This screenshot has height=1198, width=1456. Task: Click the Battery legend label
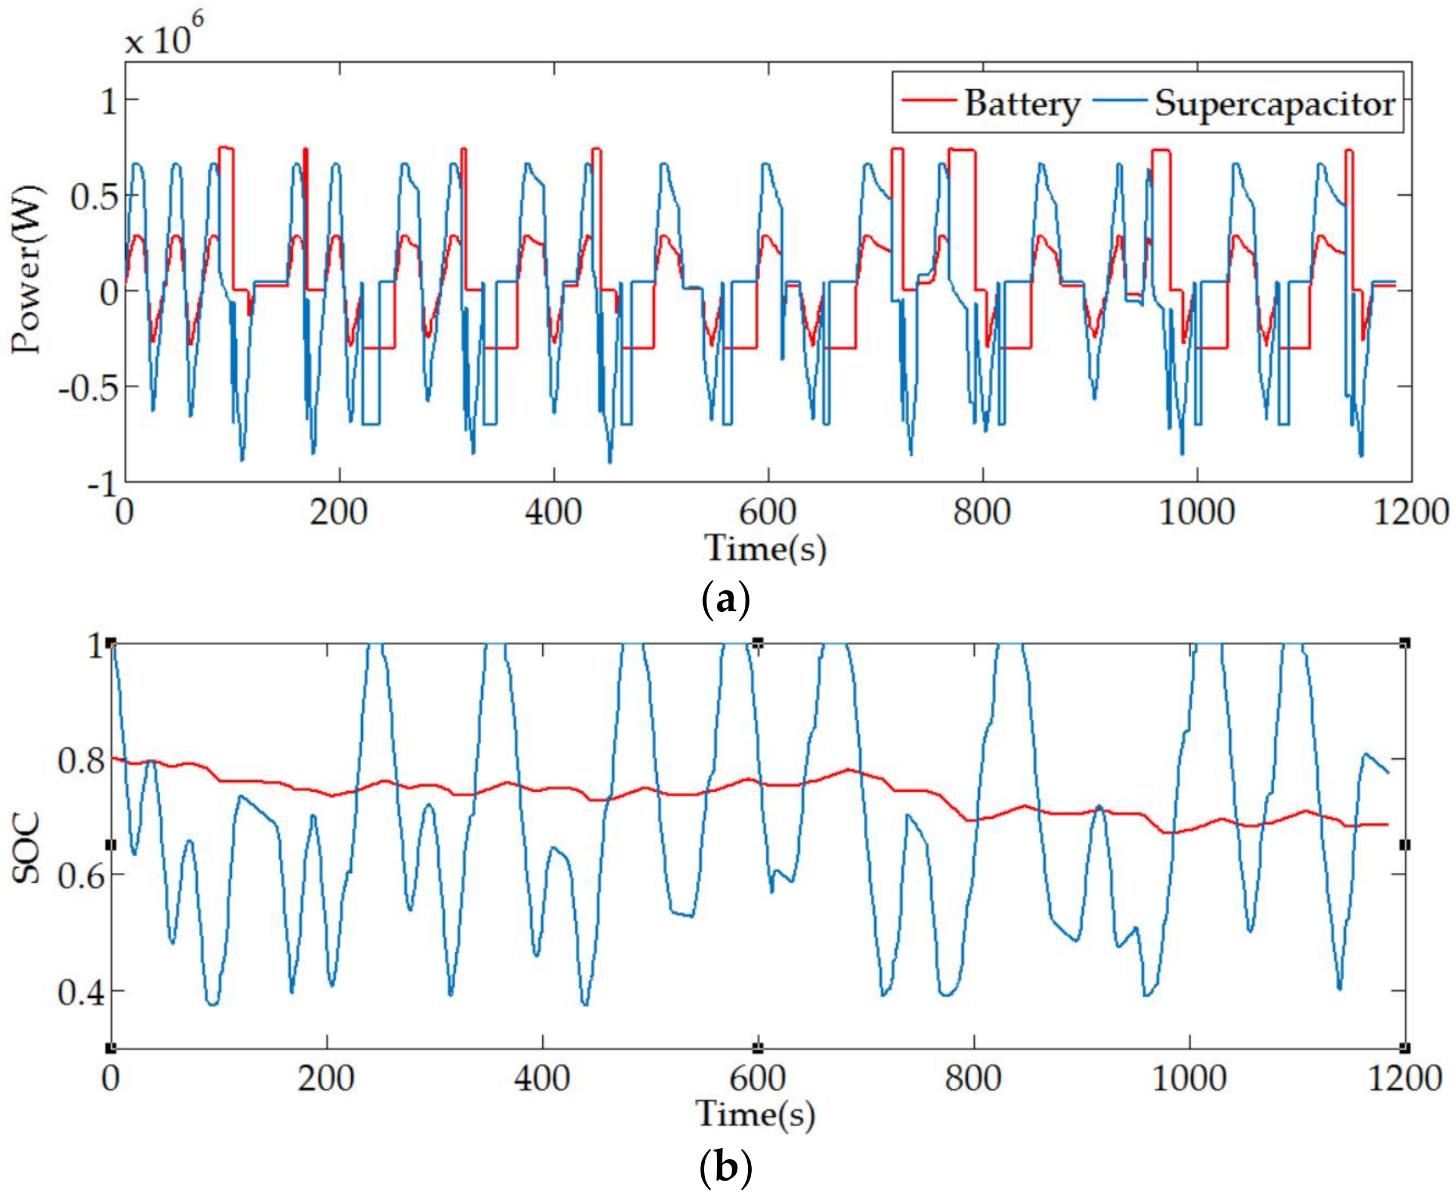[1021, 105]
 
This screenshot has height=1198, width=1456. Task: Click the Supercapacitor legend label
[1274, 105]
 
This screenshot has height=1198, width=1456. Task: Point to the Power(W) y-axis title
[28, 269]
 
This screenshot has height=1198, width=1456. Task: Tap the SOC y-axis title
[28, 848]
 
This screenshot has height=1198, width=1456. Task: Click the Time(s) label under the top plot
[765, 549]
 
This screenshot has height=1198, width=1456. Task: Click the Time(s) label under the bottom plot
[756, 1113]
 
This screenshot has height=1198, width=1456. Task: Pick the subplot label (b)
[725, 1167]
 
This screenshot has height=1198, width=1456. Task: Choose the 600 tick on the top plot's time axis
[767, 513]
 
